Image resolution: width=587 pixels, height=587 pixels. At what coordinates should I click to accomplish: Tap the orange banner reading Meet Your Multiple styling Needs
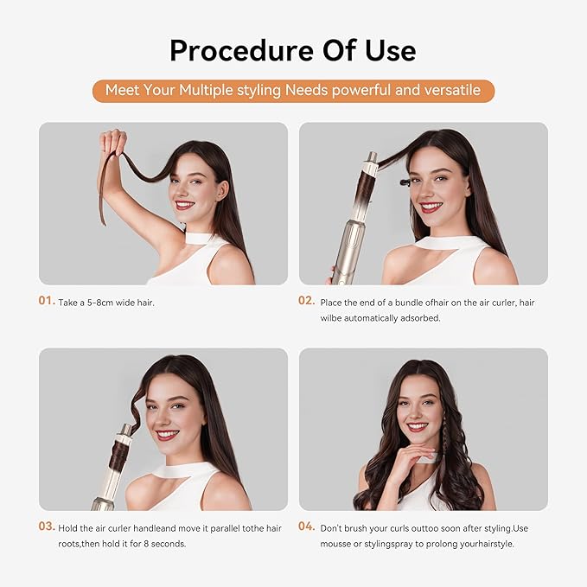293,91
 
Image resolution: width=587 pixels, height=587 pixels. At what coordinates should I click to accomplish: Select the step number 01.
47,302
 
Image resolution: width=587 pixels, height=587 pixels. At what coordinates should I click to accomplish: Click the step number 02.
307,302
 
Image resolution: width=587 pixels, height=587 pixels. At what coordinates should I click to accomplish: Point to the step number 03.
47,526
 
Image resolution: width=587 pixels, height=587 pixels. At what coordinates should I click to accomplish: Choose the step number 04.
307,526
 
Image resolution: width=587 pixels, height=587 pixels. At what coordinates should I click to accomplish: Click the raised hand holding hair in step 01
112,142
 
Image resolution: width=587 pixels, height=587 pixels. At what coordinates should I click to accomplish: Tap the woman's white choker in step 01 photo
201,238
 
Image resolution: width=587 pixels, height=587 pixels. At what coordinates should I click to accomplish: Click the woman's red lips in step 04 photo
418,426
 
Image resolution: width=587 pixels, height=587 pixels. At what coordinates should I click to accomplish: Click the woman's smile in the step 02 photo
432,207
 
